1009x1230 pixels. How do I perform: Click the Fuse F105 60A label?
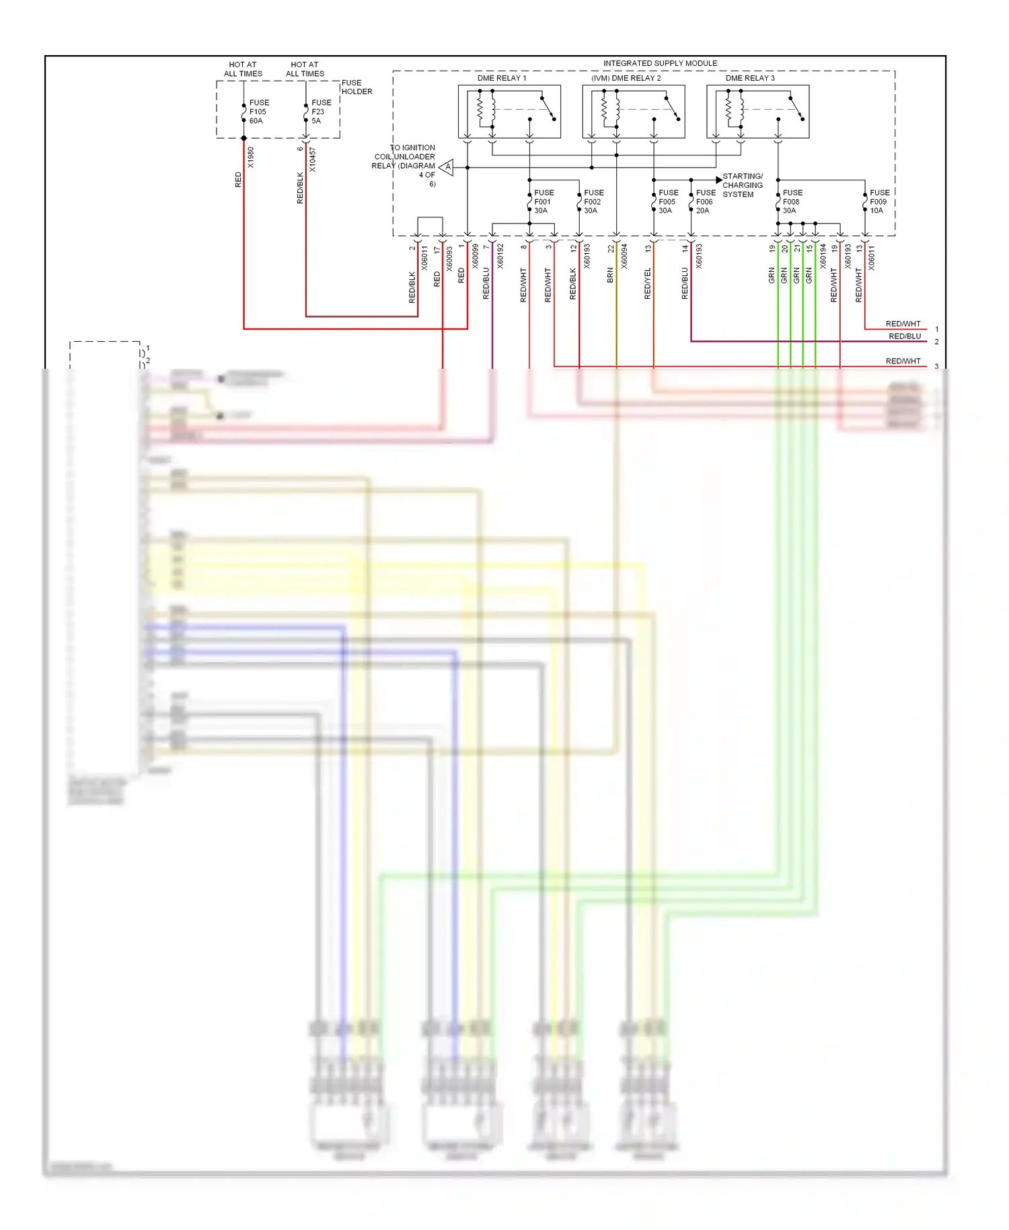pyautogui.click(x=258, y=112)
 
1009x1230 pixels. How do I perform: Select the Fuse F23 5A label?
pyautogui.click(x=320, y=112)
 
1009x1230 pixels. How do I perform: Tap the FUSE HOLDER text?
pyautogui.click(x=357, y=87)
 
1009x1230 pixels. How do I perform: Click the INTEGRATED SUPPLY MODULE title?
pyautogui.click(x=660, y=63)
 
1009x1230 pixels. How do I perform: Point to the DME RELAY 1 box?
pyautogui.click(x=509, y=111)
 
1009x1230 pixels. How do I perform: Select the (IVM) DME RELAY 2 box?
pyautogui.click(x=634, y=111)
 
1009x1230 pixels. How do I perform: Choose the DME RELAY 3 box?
pyautogui.click(x=757, y=111)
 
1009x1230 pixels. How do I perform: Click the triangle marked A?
pyautogui.click(x=447, y=167)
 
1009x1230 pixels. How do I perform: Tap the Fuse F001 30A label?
pyautogui.click(x=543, y=201)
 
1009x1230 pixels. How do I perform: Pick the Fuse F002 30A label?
pyautogui.click(x=593, y=201)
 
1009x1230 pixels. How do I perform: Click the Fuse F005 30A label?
pyautogui.click(x=667, y=201)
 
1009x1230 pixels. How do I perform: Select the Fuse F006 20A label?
pyautogui.click(x=705, y=201)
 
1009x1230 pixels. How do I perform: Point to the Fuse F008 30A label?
pyautogui.click(x=792, y=201)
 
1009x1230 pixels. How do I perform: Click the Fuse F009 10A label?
pyautogui.click(x=879, y=201)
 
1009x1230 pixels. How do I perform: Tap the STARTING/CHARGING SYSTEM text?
pyautogui.click(x=742, y=185)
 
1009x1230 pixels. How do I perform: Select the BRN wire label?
pyautogui.click(x=610, y=275)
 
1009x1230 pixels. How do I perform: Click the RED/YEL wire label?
pyautogui.click(x=648, y=283)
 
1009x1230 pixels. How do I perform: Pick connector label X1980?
pyautogui.click(x=251, y=157)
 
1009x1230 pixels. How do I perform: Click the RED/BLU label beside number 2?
pyautogui.click(x=904, y=336)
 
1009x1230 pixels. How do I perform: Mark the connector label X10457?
pyautogui.click(x=313, y=160)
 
